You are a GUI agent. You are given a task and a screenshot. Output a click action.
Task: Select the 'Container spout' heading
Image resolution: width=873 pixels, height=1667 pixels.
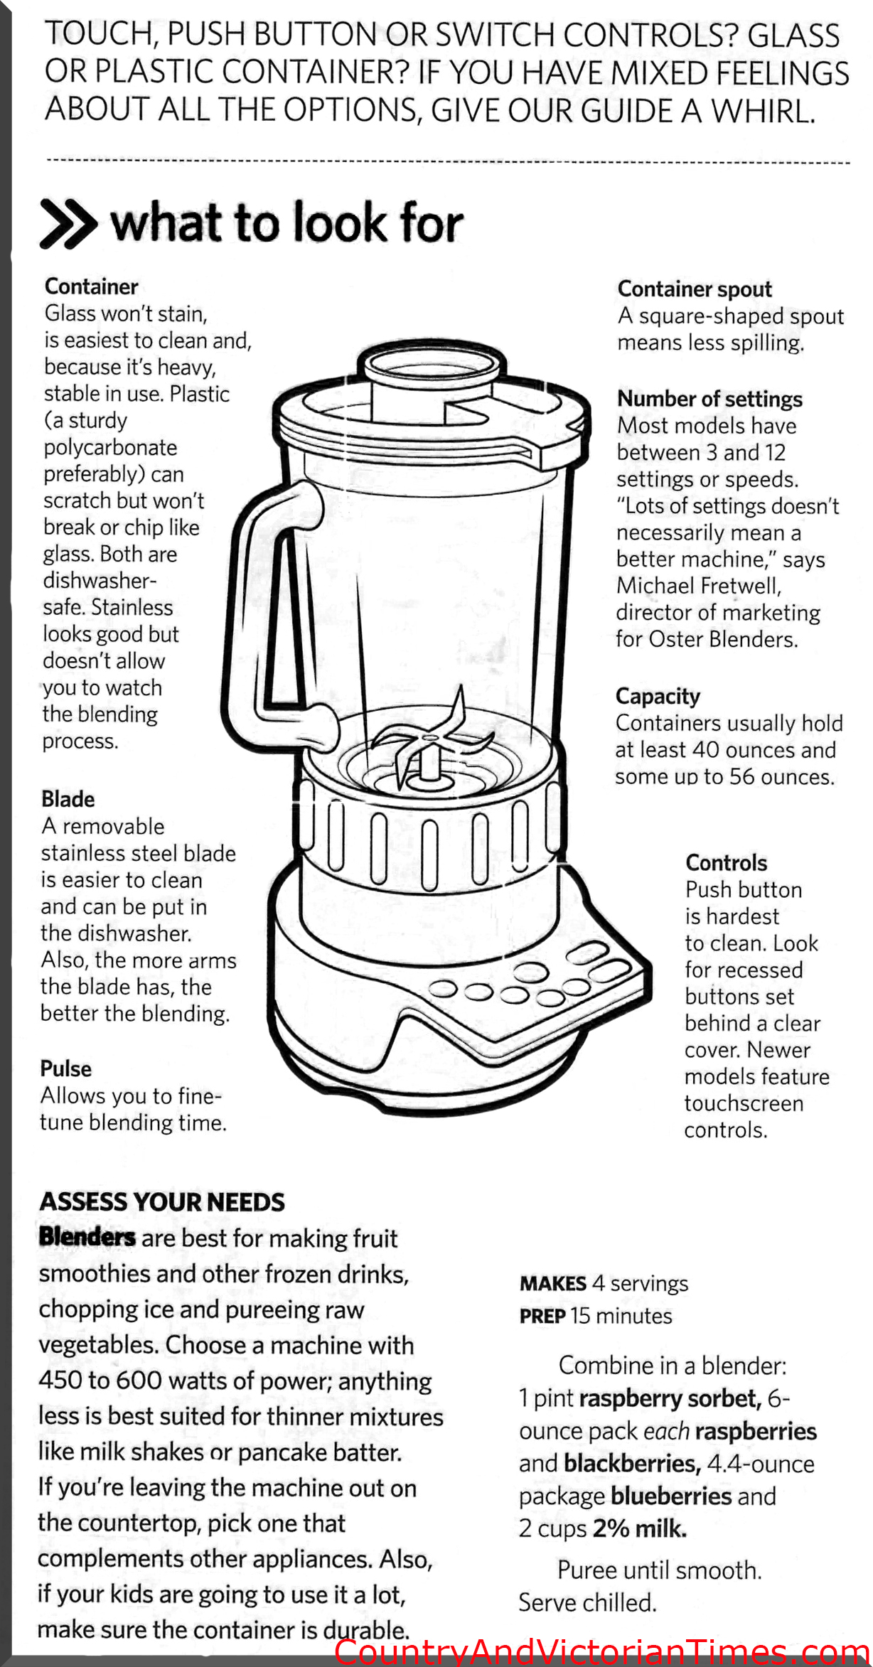click(695, 290)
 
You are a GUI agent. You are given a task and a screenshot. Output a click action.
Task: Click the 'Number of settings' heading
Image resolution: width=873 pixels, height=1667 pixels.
click(709, 399)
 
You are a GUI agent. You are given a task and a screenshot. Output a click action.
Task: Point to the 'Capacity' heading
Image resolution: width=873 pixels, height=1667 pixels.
click(658, 697)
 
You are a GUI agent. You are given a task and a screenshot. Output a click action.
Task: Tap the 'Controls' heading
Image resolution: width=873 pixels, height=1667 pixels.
click(726, 862)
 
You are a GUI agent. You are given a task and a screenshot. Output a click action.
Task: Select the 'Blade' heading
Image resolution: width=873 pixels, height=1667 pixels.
click(68, 799)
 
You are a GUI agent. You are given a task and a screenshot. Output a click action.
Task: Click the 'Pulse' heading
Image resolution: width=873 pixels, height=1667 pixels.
click(65, 1068)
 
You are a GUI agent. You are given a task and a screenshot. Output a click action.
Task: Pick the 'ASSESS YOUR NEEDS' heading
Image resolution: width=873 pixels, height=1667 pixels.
click(162, 1202)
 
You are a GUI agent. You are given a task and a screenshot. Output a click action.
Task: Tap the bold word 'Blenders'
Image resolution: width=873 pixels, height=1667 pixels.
click(87, 1236)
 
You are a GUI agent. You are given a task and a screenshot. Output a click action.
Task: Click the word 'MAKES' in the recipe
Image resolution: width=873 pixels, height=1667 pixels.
click(552, 1283)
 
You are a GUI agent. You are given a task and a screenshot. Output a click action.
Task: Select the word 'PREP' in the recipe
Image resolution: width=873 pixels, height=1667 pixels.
click(542, 1316)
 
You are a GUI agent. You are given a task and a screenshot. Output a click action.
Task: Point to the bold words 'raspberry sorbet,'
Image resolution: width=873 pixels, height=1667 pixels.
click(670, 1398)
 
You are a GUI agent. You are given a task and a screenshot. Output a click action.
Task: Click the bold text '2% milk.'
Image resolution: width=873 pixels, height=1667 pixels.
click(640, 1528)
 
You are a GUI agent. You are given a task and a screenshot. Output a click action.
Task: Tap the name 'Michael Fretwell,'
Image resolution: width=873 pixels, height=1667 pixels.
click(699, 586)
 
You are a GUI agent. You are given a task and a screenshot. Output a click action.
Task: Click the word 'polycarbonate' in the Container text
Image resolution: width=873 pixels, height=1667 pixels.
click(110, 448)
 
